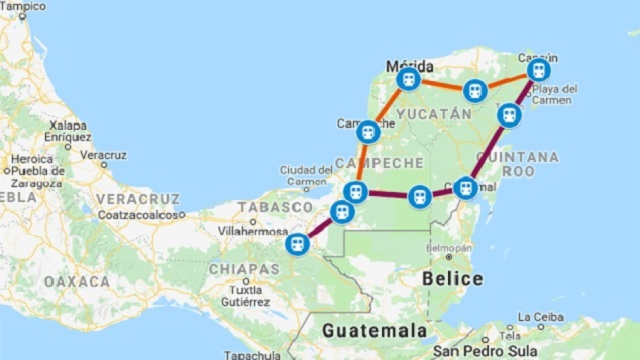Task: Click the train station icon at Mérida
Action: point(409,79)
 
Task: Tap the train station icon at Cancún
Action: point(539,69)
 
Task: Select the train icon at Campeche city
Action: point(368,132)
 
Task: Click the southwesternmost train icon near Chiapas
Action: point(298,244)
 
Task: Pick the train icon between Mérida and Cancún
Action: point(475,91)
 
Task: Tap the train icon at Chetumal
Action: point(465,187)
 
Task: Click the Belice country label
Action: point(453,278)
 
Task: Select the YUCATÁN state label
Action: point(434,114)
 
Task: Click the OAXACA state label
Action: point(77,281)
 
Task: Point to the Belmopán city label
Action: point(449,248)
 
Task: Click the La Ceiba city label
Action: point(541,317)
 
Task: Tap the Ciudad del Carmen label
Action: point(305,175)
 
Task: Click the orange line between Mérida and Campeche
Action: point(388,105)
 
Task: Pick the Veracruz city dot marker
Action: point(103,164)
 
